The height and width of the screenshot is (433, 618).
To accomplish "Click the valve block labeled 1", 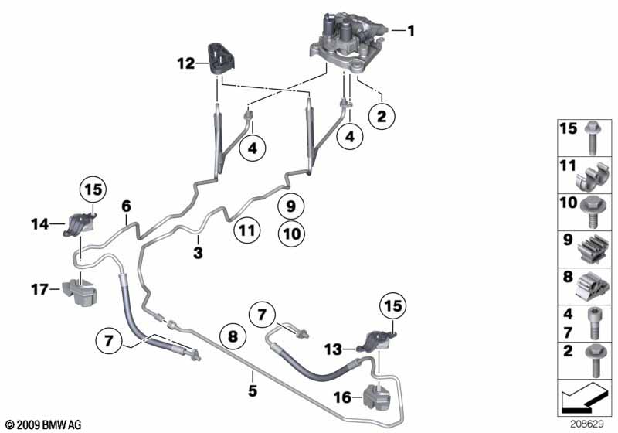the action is click(x=347, y=43).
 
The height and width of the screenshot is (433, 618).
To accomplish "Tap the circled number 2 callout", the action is click(x=382, y=116).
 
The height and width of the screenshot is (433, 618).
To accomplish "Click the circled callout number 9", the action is click(x=290, y=206).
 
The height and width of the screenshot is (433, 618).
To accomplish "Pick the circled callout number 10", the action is click(x=292, y=234).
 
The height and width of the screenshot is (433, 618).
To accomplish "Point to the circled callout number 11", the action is click(x=247, y=230).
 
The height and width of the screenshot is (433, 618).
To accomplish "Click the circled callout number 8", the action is click(x=233, y=336).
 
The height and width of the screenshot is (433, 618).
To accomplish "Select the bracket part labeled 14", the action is click(x=80, y=225).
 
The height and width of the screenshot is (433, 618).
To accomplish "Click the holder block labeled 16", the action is click(x=376, y=397).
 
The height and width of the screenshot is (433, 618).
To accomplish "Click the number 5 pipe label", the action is click(x=253, y=390).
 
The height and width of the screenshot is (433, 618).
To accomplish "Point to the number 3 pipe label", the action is click(x=198, y=252).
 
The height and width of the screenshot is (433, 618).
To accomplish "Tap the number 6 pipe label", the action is click(x=126, y=206).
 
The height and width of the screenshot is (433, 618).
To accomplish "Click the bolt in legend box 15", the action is click(x=593, y=138).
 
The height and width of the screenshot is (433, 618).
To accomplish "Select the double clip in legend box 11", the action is click(x=593, y=176).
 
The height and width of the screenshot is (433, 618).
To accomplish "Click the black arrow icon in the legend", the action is click(x=583, y=397).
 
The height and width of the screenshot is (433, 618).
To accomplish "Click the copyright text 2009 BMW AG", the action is click(x=44, y=424).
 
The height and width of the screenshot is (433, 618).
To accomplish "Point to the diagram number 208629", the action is click(x=587, y=424).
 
